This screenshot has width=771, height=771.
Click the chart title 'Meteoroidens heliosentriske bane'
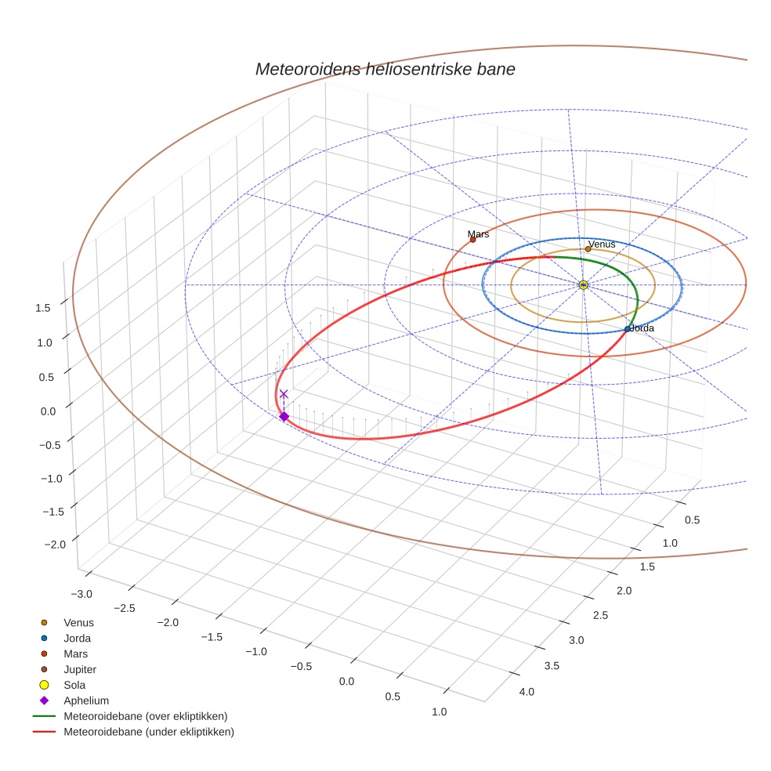[x=385, y=69]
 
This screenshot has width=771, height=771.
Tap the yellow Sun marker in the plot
[x=583, y=284]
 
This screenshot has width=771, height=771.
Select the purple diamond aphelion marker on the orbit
[x=284, y=416]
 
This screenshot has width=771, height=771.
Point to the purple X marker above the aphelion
[x=284, y=394]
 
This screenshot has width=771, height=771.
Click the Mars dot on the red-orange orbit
[x=472, y=240]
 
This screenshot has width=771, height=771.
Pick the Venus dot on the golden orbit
[x=588, y=249]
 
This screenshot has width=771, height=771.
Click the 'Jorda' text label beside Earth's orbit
[x=642, y=328]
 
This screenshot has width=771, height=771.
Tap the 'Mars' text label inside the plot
[x=478, y=233]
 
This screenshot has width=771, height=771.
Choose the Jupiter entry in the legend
[x=79, y=669]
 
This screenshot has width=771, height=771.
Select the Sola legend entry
[x=74, y=685]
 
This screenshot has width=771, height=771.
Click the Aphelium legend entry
[x=85, y=700]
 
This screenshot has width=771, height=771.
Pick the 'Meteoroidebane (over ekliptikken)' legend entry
[x=145, y=716]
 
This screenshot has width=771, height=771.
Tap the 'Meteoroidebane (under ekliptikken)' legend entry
[x=148, y=732]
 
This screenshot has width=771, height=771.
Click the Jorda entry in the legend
[x=77, y=638]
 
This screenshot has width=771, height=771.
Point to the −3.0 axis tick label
[x=80, y=593]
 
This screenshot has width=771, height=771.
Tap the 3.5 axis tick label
[x=551, y=665]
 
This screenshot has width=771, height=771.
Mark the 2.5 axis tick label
[x=599, y=615]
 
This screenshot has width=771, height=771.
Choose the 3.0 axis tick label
[x=575, y=640]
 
